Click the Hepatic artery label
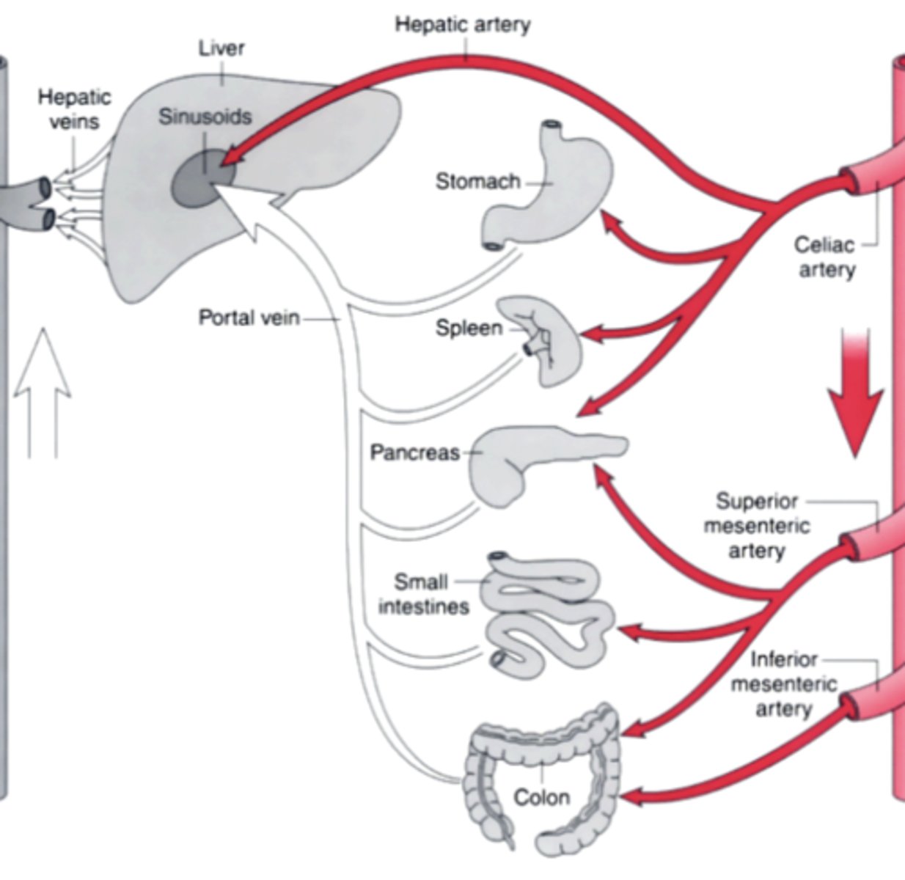[x=462, y=25]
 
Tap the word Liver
[x=221, y=48]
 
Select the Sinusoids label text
[x=205, y=117]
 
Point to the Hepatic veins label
[x=74, y=109]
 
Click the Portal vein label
[x=249, y=318]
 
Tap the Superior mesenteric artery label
[x=756, y=526]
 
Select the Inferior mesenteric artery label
[x=783, y=684]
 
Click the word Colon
[x=541, y=797]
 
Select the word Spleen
[x=469, y=328]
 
